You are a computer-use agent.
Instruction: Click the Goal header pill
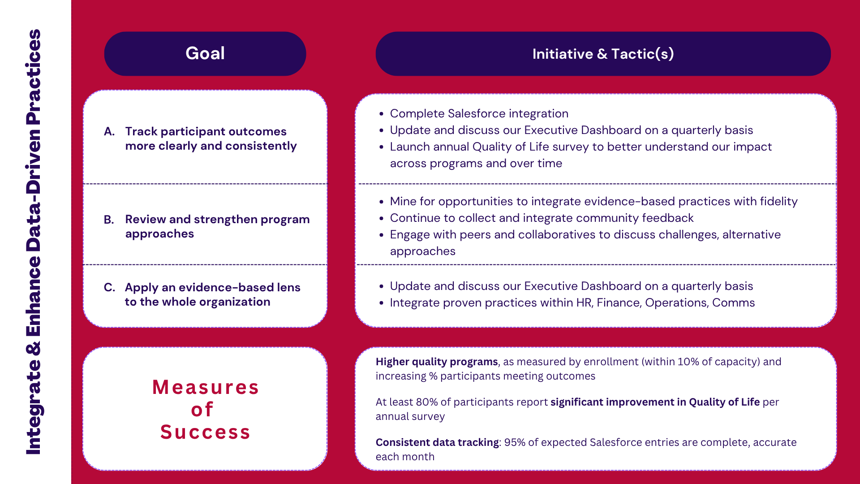tap(205, 54)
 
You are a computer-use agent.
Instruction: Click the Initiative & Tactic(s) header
tap(603, 54)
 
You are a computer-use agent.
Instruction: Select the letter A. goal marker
tap(109, 131)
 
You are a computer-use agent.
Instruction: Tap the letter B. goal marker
tap(109, 220)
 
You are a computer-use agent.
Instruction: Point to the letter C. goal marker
tap(109, 287)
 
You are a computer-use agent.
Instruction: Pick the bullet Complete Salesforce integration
tap(479, 113)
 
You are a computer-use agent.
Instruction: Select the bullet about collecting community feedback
tap(542, 218)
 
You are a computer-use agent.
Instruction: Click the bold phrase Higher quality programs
tap(437, 362)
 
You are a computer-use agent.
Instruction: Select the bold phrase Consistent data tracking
tap(437, 442)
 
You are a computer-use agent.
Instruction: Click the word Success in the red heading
tap(205, 432)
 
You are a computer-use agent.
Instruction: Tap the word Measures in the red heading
tap(206, 387)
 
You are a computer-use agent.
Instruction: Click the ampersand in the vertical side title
tap(34, 348)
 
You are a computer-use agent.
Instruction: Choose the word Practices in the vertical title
tap(34, 76)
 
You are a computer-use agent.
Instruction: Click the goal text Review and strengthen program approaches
tap(217, 226)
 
